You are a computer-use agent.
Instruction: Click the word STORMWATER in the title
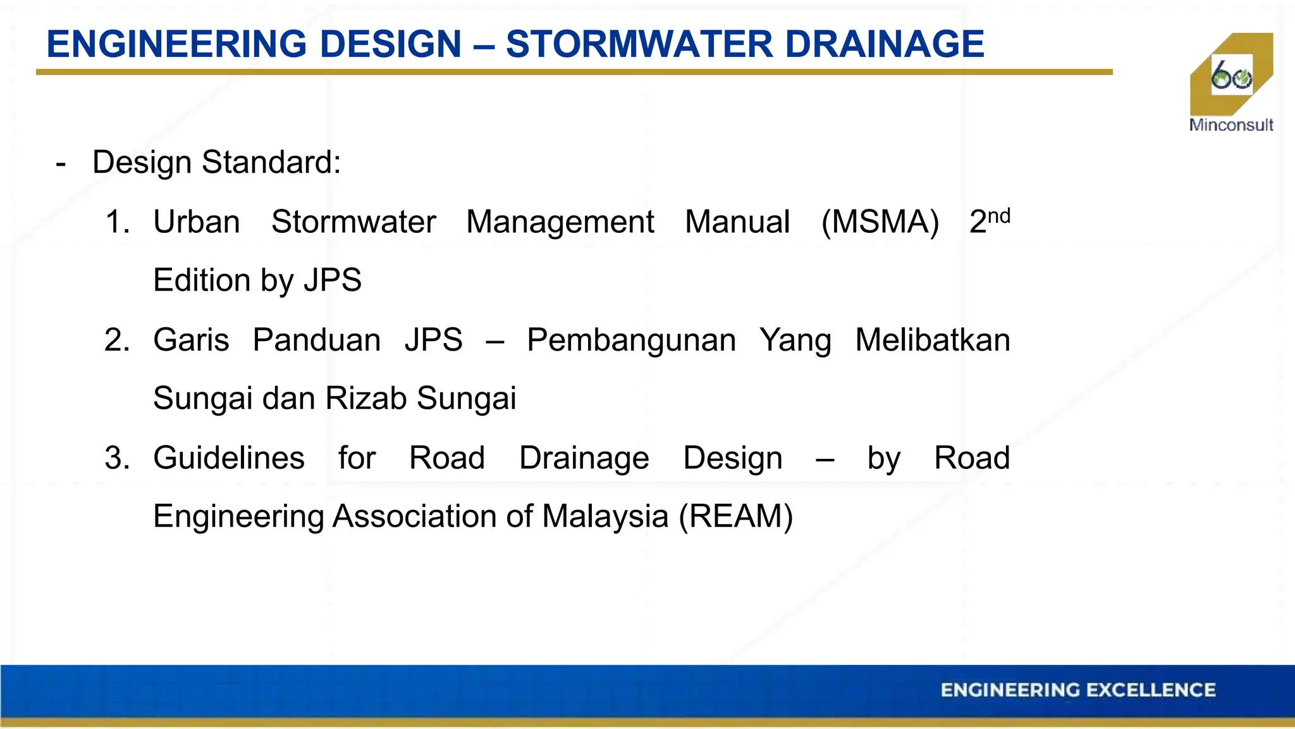point(639,44)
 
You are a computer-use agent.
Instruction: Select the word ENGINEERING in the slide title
point(177,44)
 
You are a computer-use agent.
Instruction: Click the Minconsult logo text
point(1231,125)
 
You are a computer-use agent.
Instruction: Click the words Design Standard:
point(216,163)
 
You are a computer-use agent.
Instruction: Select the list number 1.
point(117,222)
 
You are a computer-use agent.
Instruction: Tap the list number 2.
point(117,340)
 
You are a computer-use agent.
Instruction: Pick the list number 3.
point(117,458)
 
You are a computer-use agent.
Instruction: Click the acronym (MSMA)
point(880,222)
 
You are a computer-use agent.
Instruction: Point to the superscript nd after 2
point(999,216)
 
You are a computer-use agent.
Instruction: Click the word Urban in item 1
point(196,222)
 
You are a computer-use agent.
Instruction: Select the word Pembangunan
point(631,340)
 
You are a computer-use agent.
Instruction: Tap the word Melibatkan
point(932,340)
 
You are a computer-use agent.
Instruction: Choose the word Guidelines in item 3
point(228,458)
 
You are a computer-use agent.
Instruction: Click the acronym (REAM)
point(735,516)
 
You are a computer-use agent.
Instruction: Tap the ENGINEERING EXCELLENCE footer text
point(1077,690)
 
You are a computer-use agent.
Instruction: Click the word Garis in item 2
point(191,340)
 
